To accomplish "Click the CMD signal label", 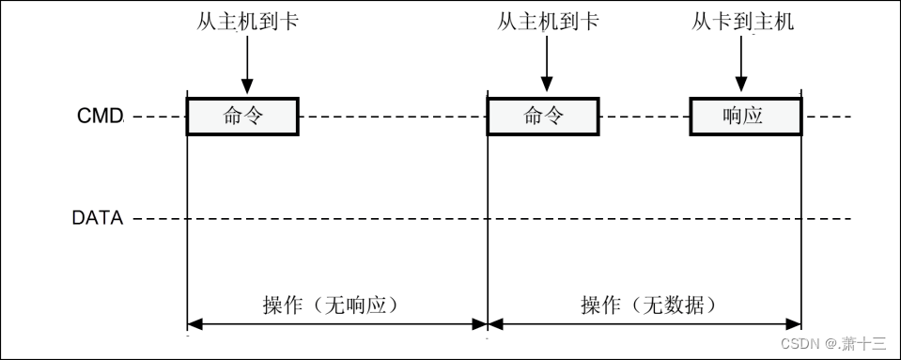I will tap(100, 117).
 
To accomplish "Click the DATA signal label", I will tap(98, 219).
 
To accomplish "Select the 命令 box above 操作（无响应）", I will tap(242, 117).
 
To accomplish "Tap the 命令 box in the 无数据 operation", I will tap(543, 117).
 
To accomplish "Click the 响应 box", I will tap(744, 117).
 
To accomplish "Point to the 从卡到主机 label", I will tap(742, 21).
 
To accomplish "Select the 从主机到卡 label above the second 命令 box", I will tap(547, 21).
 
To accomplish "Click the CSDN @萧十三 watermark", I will tap(833, 343).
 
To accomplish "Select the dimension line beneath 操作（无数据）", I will tap(645, 325).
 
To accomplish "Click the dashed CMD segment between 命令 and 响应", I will tap(644, 117).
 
